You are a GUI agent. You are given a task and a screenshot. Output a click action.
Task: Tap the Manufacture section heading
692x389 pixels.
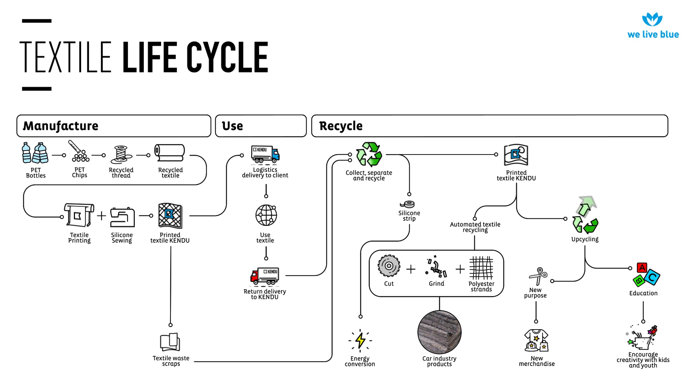[61, 126]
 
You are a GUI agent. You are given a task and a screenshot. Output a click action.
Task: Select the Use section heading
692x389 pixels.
[232, 126]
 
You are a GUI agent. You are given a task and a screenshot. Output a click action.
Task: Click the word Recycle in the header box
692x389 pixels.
[341, 126]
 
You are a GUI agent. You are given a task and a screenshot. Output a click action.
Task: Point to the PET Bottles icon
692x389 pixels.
[35, 153]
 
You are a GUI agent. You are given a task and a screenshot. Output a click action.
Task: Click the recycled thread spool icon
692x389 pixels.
[121, 154]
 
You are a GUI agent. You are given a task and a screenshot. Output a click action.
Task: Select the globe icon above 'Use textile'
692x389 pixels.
[266, 215]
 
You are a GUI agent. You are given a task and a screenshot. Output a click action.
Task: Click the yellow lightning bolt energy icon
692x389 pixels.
[360, 341]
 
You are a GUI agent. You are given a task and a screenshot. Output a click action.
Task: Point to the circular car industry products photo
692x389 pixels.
[439, 332]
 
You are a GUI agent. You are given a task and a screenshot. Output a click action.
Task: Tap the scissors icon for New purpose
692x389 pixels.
[538, 276]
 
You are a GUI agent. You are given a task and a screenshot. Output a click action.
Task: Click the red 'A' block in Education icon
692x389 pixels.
[642, 268]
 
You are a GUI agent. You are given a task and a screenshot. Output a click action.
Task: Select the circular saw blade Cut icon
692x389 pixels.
[389, 266]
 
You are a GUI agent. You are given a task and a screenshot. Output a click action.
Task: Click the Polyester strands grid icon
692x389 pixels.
[481, 268]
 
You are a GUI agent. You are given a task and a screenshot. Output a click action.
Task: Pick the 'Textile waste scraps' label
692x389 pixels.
[171, 361]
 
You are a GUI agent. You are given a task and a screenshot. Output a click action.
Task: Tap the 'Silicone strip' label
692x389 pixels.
[409, 216]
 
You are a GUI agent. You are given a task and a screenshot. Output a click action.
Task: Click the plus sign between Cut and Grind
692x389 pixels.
[411, 269]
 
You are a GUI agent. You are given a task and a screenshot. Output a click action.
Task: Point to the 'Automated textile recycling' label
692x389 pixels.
[475, 227]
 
